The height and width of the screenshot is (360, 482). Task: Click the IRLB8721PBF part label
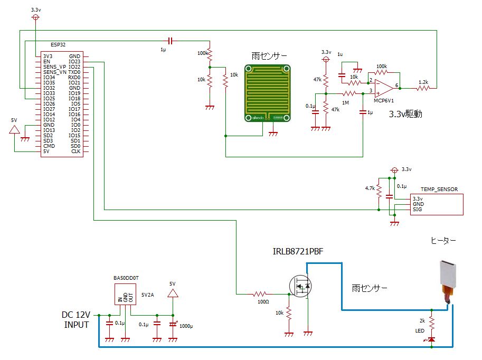[298, 251]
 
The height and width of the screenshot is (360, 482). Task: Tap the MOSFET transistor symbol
[300, 286]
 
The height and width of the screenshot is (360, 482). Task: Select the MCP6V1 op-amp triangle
[384, 88]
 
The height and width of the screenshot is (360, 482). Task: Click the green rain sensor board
[268, 93]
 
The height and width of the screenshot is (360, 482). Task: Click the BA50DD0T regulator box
[126, 294]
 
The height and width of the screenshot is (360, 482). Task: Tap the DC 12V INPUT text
[76, 320]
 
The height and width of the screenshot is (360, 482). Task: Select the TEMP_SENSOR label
[439, 190]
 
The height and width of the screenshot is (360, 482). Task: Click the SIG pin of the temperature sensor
[417, 210]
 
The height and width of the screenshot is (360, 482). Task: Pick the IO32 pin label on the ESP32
[49, 88]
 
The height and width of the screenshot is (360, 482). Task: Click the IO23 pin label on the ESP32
[74, 61]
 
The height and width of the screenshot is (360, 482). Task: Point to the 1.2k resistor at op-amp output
[423, 88]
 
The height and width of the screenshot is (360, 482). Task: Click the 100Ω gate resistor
[260, 294]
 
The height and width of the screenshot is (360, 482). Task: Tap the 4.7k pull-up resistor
[379, 191]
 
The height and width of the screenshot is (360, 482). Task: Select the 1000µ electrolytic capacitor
[173, 324]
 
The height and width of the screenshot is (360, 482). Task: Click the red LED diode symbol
[432, 339]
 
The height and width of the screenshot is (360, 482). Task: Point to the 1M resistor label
[345, 103]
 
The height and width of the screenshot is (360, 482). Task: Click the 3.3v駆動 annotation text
[405, 114]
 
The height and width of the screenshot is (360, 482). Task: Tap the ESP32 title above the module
[58, 44]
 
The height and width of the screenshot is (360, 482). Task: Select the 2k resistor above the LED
[432, 323]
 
